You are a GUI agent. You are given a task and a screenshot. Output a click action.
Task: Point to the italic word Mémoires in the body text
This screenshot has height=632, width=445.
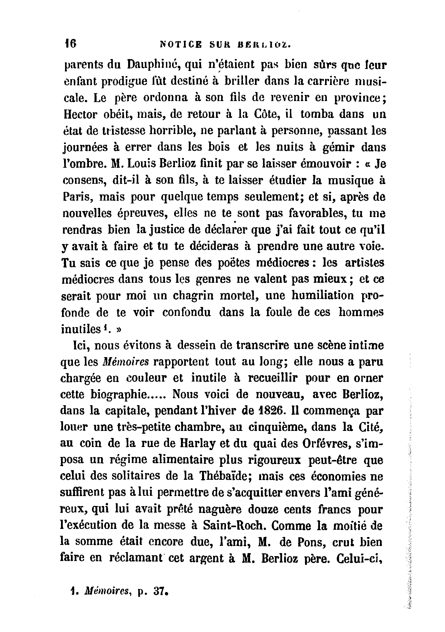coord(125,362)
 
